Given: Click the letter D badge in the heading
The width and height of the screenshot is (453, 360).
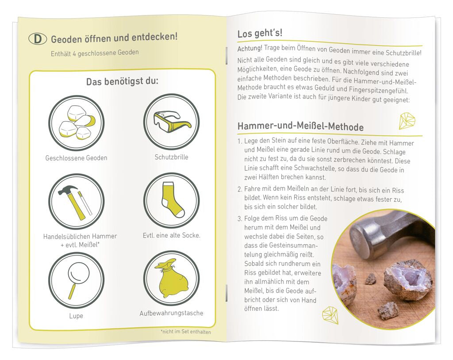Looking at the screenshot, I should tap(37, 39).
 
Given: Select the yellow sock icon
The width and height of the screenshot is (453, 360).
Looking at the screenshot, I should tap(171, 200).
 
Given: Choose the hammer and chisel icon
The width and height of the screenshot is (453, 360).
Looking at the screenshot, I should tap(76, 201).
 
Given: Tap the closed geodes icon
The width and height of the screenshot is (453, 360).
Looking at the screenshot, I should tap(76, 123).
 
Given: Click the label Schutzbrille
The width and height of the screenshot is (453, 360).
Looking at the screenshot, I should tap(171, 157).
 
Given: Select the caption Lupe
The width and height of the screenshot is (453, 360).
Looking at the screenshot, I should tap(76, 316).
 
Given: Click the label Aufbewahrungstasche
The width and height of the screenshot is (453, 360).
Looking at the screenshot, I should tap(171, 313).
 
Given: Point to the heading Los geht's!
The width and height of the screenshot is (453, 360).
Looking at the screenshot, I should tap(260, 34).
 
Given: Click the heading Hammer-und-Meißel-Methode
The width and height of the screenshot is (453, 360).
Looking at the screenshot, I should tap(300, 127).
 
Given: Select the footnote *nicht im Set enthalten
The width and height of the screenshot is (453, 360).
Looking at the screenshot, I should tap(185, 332).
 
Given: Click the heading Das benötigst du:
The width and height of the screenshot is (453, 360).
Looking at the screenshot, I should tap(122, 82).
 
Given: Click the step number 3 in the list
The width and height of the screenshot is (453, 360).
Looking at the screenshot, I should tap(240, 218).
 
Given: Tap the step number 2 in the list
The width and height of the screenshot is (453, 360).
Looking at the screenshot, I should tap(240, 190).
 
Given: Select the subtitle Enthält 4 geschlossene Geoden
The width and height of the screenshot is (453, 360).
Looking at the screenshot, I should tap(95, 53).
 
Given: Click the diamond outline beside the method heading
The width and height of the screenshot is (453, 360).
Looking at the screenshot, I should tap(408, 121).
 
